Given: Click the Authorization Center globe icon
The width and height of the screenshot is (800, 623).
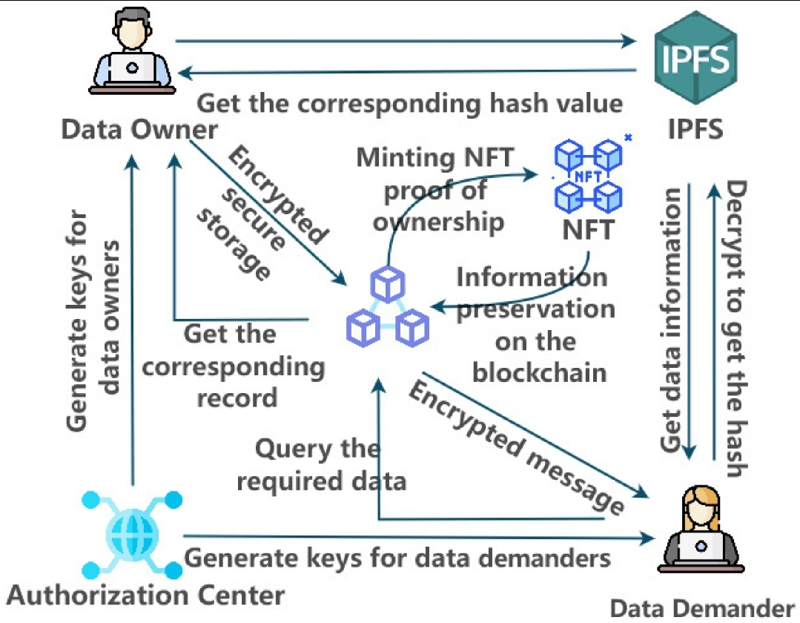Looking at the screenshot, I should pyautogui.click(x=132, y=531).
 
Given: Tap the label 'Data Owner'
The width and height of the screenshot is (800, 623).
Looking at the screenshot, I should pyautogui.click(x=139, y=130).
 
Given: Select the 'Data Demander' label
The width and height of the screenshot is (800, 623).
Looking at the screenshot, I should pyautogui.click(x=701, y=607).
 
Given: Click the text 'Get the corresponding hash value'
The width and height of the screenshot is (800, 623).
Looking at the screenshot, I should pyautogui.click(x=409, y=103).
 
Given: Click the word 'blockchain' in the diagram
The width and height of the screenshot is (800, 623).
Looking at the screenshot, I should pyautogui.click(x=539, y=372).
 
